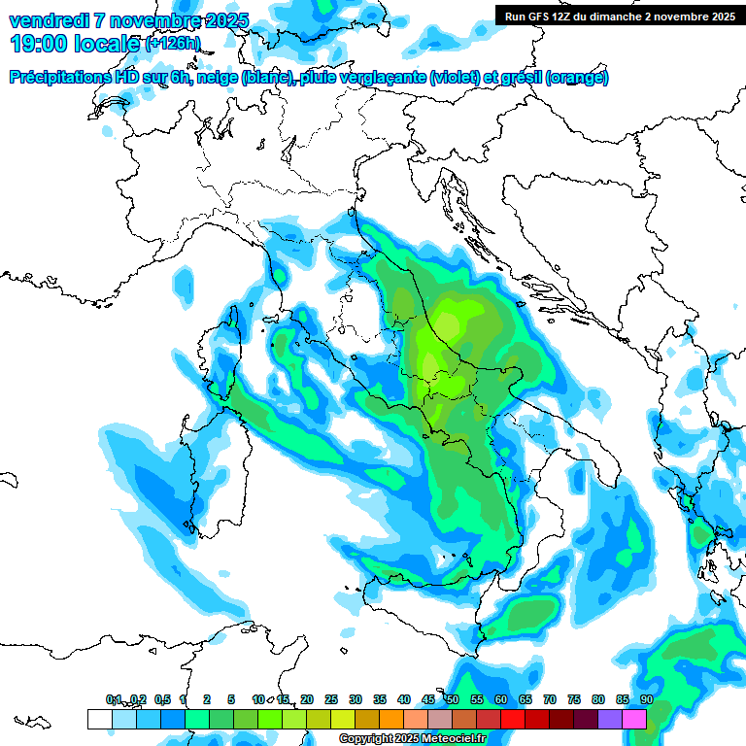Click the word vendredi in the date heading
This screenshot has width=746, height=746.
click(x=49, y=20)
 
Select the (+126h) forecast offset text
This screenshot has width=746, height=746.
click(x=173, y=44)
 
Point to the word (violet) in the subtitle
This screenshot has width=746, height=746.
click(x=460, y=78)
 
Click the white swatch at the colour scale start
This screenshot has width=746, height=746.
click(x=99, y=719)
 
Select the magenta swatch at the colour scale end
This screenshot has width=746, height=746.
click(x=634, y=719)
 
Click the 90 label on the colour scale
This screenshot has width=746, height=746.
click(x=646, y=699)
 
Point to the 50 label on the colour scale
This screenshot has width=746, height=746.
click(x=453, y=699)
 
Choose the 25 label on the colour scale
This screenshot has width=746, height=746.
click(x=331, y=699)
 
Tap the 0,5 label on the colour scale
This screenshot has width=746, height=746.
click(x=162, y=699)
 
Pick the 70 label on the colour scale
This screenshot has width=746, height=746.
click(x=550, y=699)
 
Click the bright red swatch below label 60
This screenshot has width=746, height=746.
click(x=513, y=719)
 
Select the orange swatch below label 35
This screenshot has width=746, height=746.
click(x=391, y=719)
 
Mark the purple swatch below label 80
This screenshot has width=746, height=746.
click(x=610, y=719)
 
